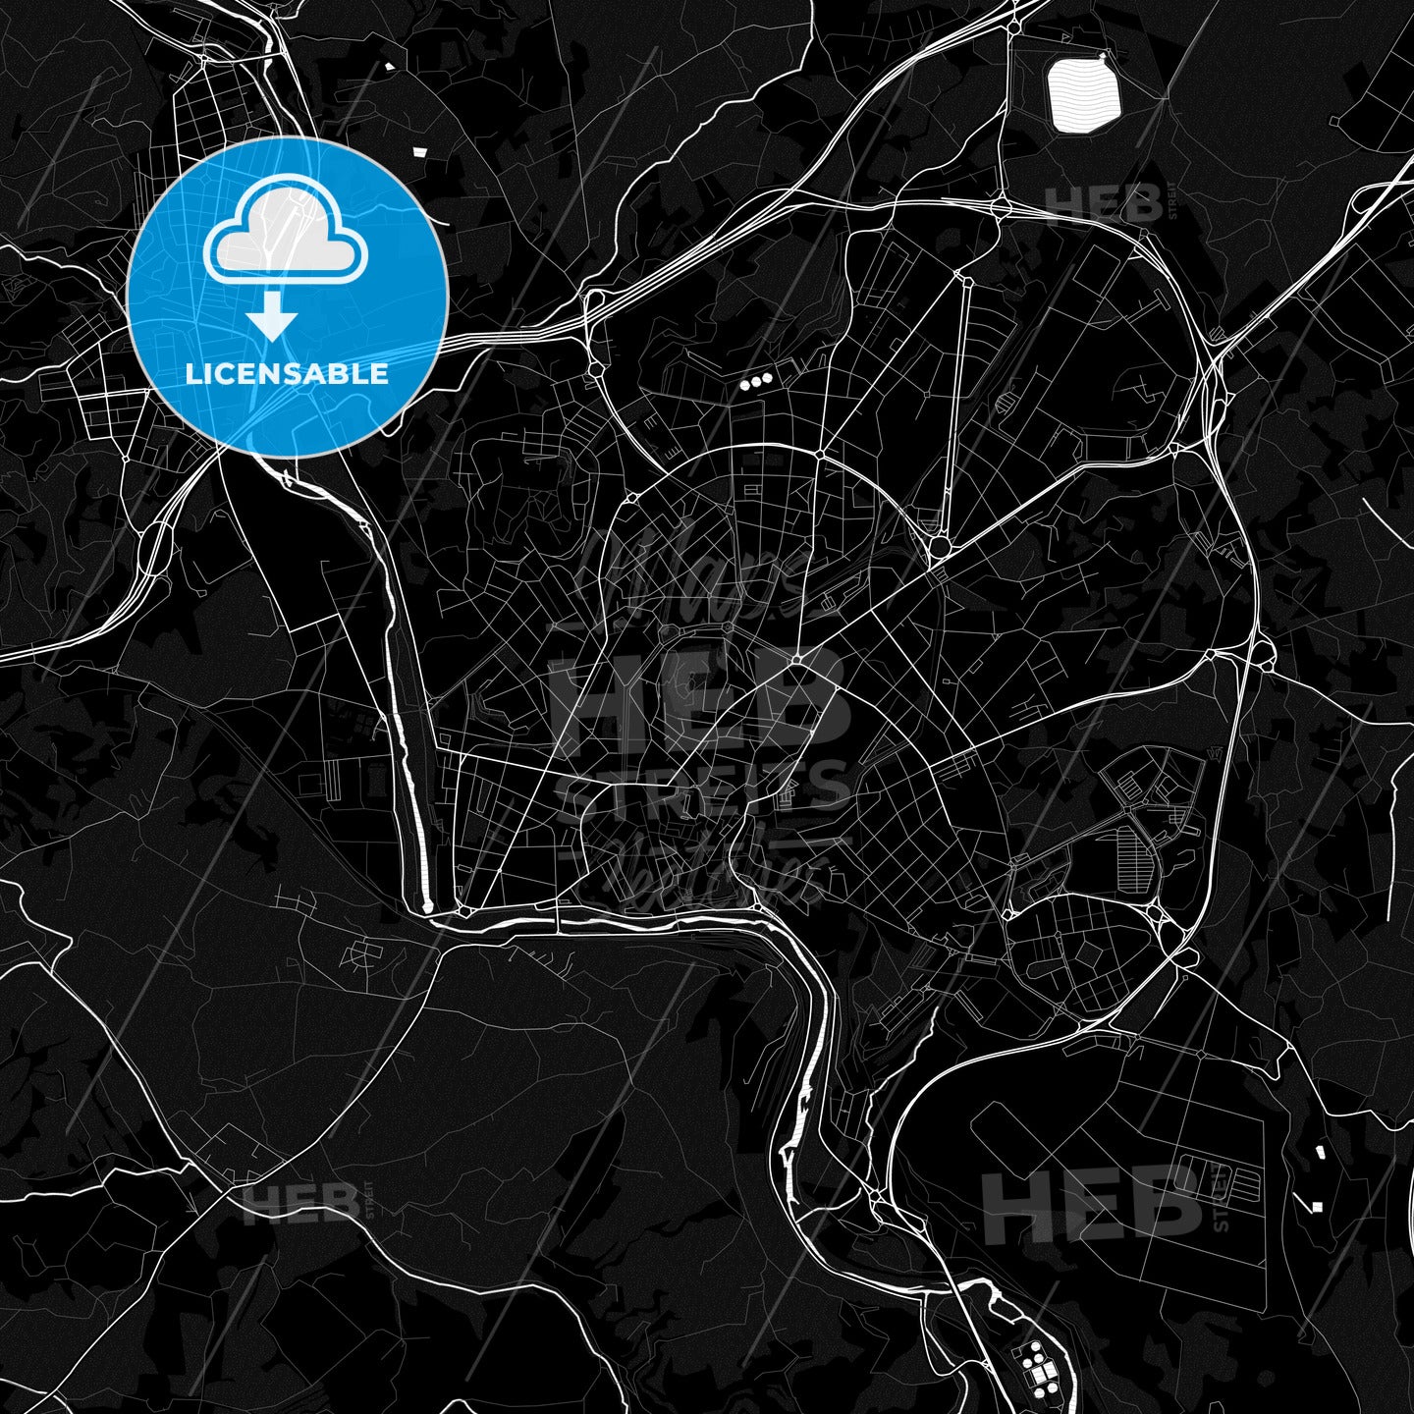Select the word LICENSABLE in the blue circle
[x=287, y=374]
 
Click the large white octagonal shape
[x=1084, y=95]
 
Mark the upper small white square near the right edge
[x=1319, y=1149]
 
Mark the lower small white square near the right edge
[x=1317, y=1206]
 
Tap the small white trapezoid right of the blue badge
[x=420, y=151]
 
